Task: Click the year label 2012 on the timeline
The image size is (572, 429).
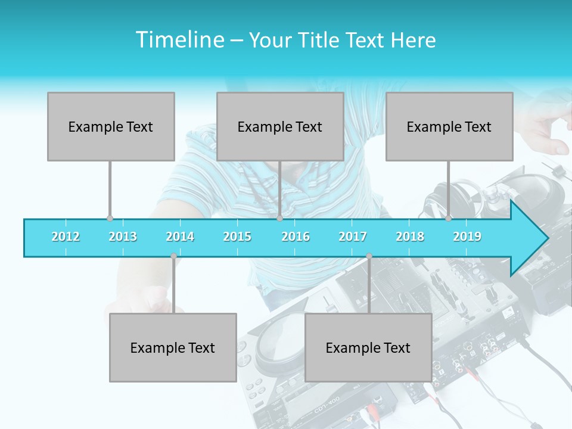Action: coord(66,237)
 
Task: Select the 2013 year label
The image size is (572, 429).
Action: coord(123,237)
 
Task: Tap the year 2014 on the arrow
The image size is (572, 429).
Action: coord(180,237)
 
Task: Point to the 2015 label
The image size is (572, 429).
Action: coord(237,237)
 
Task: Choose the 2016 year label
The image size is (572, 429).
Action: coord(296,237)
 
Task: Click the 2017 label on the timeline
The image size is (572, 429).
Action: coord(353,237)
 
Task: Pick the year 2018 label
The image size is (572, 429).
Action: coord(410,237)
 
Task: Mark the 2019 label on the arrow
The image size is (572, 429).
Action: coord(467,237)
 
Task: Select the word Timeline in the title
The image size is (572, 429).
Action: coord(179,40)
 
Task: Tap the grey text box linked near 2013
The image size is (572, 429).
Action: coord(111,126)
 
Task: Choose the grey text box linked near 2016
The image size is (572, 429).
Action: coord(280,126)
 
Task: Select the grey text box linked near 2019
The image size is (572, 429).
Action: coord(449,126)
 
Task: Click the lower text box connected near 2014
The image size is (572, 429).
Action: coord(173,347)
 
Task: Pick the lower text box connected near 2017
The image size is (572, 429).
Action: coord(368,347)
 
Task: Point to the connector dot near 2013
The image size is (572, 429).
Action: coord(110,219)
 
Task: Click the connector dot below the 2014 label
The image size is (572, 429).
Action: coord(173,256)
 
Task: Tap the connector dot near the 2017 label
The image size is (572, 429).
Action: coord(369,256)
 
